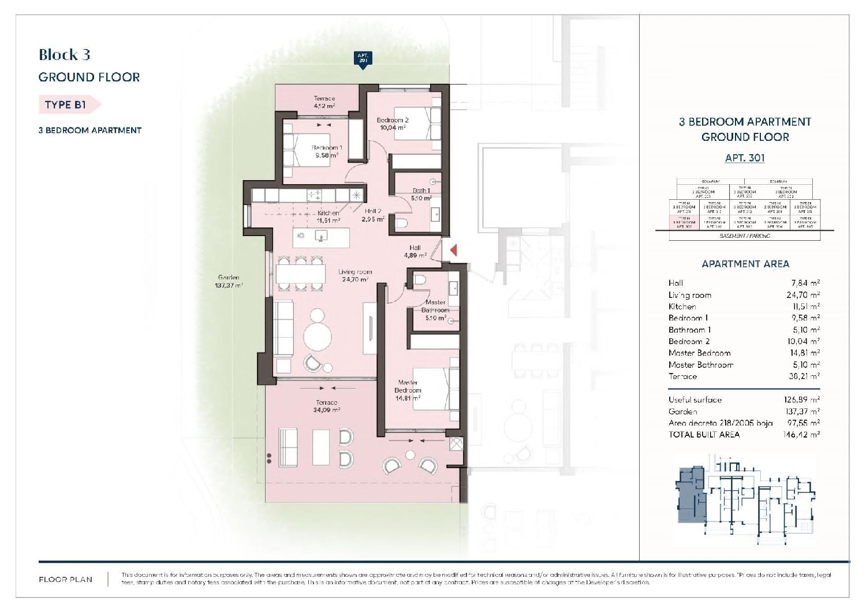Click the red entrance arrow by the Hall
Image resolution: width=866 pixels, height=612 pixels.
click(454, 250)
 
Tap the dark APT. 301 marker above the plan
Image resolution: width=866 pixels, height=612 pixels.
click(363, 59)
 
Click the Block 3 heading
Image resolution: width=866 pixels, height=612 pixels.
click(64, 55)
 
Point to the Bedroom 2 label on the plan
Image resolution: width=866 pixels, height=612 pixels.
click(393, 124)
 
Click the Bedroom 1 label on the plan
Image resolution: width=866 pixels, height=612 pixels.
click(327, 151)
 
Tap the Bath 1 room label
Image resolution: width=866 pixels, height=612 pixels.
click(421, 194)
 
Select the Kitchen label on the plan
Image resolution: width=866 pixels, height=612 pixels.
click(328, 217)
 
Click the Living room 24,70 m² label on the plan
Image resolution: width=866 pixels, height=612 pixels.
click(355, 275)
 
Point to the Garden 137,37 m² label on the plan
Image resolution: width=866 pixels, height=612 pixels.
click(229, 281)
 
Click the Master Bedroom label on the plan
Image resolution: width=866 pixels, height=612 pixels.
click(408, 390)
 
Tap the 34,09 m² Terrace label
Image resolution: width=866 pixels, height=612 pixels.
click(326, 406)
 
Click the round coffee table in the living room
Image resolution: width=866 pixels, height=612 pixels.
click(318, 335)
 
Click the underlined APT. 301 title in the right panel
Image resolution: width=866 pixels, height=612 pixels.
click(745, 158)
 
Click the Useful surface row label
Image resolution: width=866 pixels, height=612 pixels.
click(695, 400)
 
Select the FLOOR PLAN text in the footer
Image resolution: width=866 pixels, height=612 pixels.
click(65, 579)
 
